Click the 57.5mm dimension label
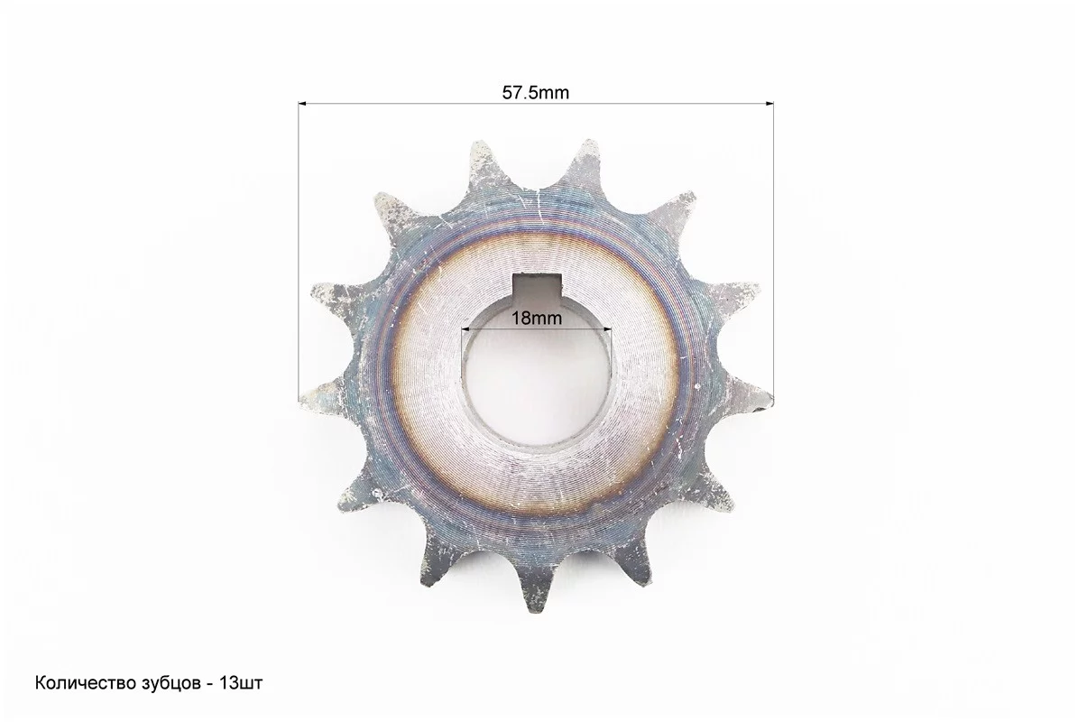click(x=536, y=93)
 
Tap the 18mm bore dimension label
click(x=536, y=319)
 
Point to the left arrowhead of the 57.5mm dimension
click(x=302, y=105)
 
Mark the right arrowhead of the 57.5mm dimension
click(x=769, y=105)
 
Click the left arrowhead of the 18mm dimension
click(x=465, y=329)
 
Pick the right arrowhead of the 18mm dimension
click(x=607, y=329)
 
